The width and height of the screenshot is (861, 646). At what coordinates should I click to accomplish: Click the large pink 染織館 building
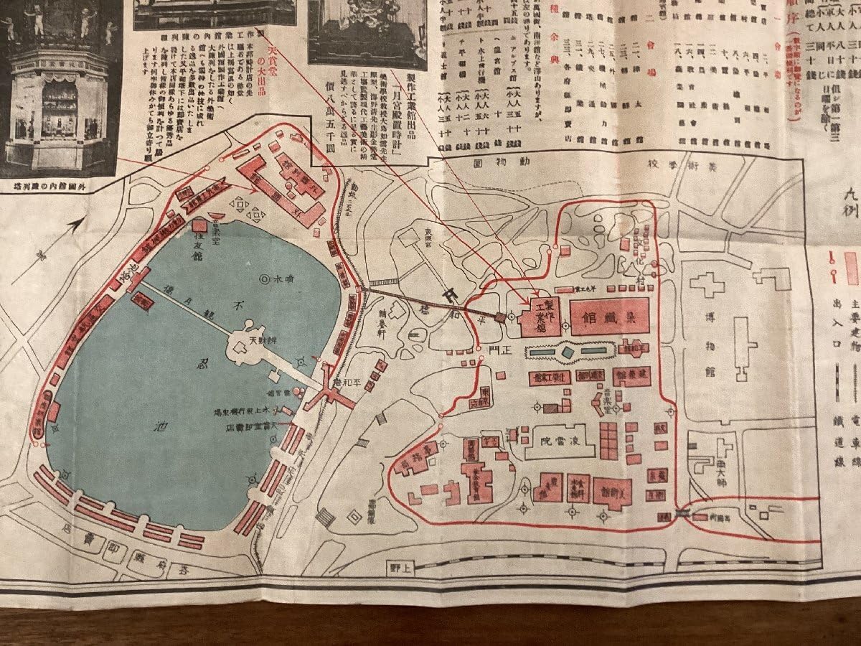click(x=610, y=317)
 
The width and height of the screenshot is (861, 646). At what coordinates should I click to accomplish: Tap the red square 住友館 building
click(x=199, y=225)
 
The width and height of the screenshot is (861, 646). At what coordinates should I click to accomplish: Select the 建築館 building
click(x=631, y=375)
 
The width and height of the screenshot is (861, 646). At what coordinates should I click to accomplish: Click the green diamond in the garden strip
click(x=567, y=352)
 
